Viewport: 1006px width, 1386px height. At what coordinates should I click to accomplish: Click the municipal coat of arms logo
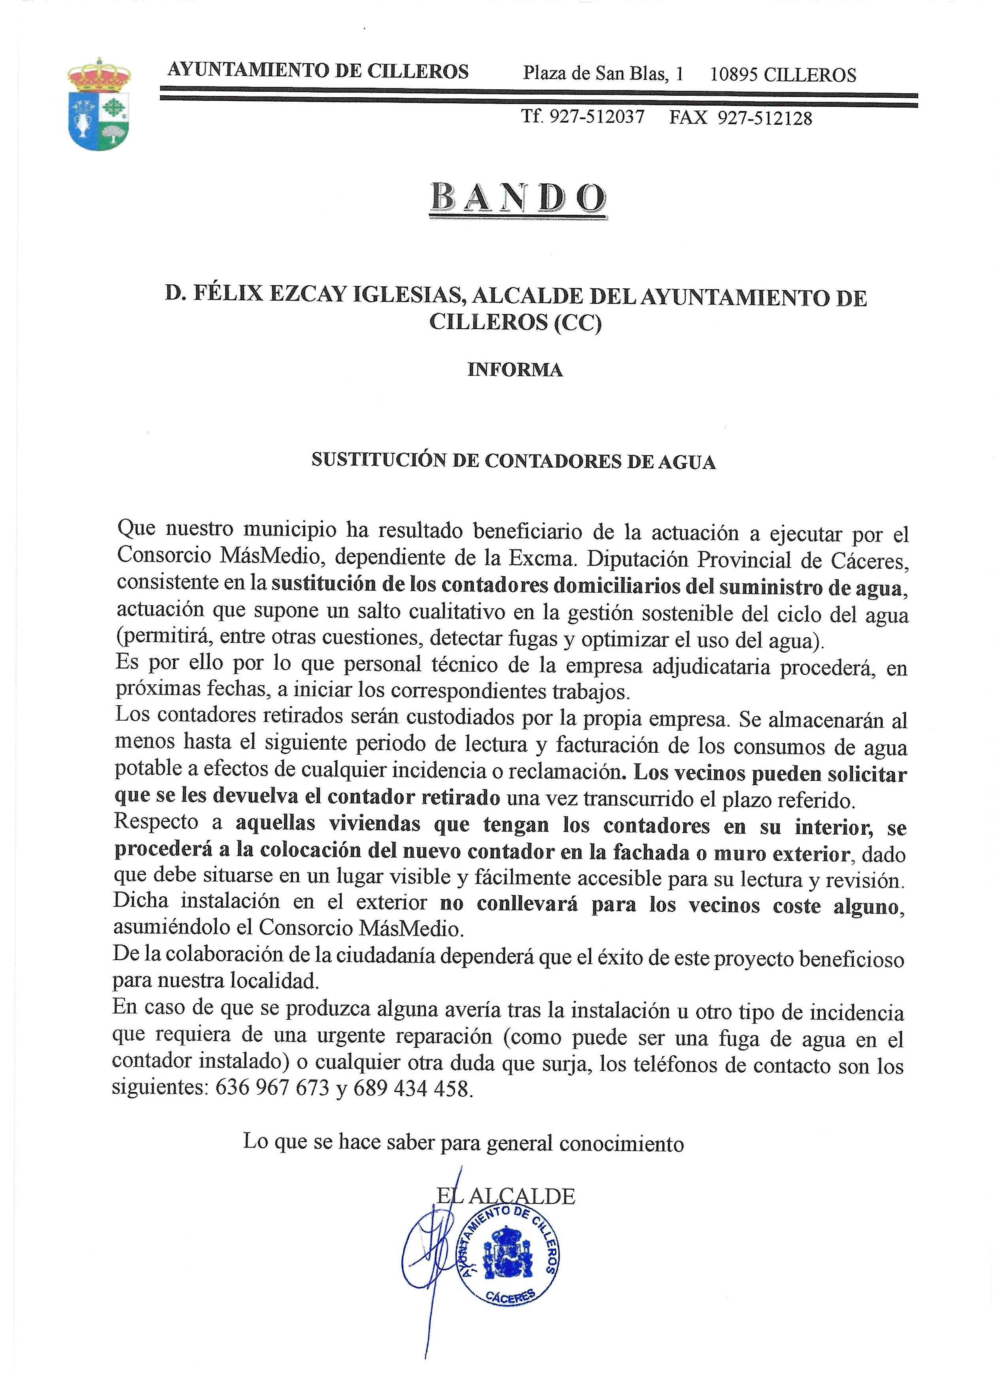pyautogui.click(x=99, y=104)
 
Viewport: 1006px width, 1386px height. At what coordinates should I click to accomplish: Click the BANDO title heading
pyautogui.click(x=518, y=199)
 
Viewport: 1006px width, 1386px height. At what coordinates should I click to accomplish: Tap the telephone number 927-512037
pyautogui.click(x=597, y=117)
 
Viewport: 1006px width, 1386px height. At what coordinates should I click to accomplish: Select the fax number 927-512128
pyautogui.click(x=765, y=118)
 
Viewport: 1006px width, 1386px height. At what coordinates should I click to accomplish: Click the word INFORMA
pyautogui.click(x=515, y=370)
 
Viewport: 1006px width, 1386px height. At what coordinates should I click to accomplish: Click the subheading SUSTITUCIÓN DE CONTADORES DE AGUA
pyautogui.click(x=513, y=461)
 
